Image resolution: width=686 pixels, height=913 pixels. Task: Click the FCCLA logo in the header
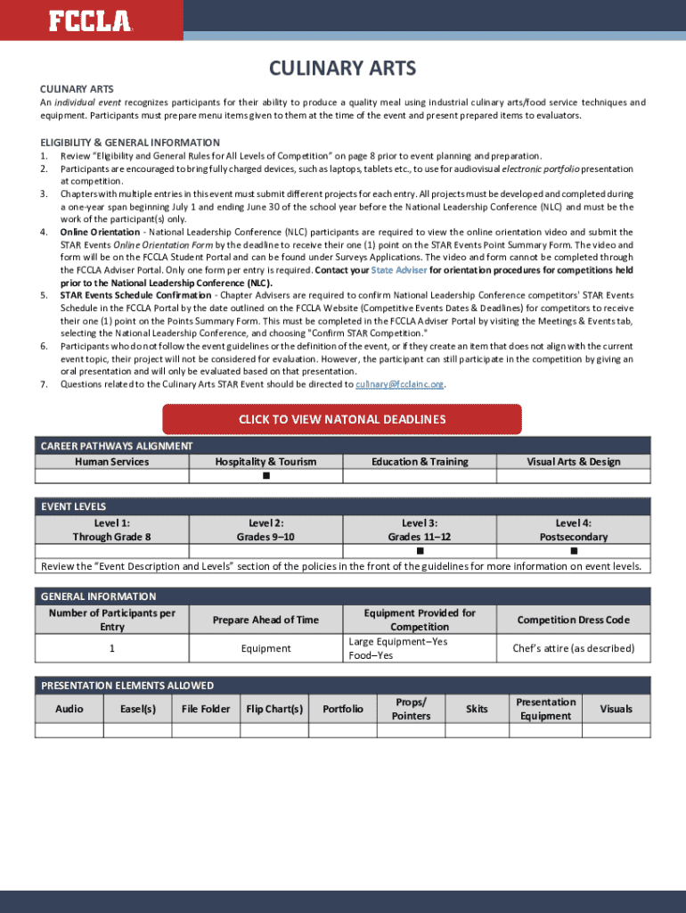(x=90, y=21)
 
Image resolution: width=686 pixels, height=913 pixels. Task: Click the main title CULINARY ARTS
(x=343, y=69)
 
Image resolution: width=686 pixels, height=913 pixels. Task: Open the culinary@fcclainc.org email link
(x=399, y=384)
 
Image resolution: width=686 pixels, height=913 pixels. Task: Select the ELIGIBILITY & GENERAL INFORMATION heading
(x=130, y=143)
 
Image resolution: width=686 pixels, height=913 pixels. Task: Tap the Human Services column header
(x=112, y=462)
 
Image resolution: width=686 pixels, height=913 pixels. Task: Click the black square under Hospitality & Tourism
(x=265, y=476)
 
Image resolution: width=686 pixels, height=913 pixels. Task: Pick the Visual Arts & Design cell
(x=574, y=462)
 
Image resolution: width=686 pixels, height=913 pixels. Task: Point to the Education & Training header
(x=420, y=462)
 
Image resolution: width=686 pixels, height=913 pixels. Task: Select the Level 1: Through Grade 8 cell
(x=112, y=530)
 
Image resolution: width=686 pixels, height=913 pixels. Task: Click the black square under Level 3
(x=420, y=552)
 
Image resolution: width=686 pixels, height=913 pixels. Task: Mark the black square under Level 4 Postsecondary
(x=574, y=552)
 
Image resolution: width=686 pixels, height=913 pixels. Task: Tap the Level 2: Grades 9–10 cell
(x=265, y=530)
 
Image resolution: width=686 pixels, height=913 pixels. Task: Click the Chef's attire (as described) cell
(x=574, y=648)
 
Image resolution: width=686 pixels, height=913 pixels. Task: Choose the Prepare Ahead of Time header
(x=265, y=620)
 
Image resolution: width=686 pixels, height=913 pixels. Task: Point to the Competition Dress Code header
(x=574, y=620)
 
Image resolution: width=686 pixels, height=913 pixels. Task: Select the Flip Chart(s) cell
(x=274, y=709)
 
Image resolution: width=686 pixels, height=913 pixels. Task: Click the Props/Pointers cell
(x=411, y=709)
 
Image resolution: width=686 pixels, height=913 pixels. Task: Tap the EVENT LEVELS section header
(x=74, y=506)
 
